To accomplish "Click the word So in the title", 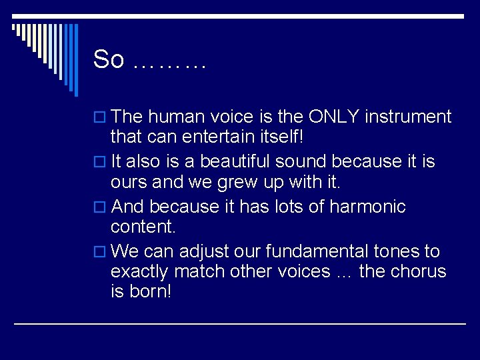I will pyautogui.click(x=109, y=60).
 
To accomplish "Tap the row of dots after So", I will pyautogui.click(x=169, y=65).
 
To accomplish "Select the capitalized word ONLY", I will pyautogui.click(x=335, y=117).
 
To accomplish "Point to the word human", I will pyautogui.click(x=176, y=117).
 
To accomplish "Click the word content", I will pyautogui.click(x=143, y=227).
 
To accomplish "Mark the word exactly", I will pyautogui.click(x=139, y=272).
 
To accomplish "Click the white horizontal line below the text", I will pyautogui.click(x=240, y=323).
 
